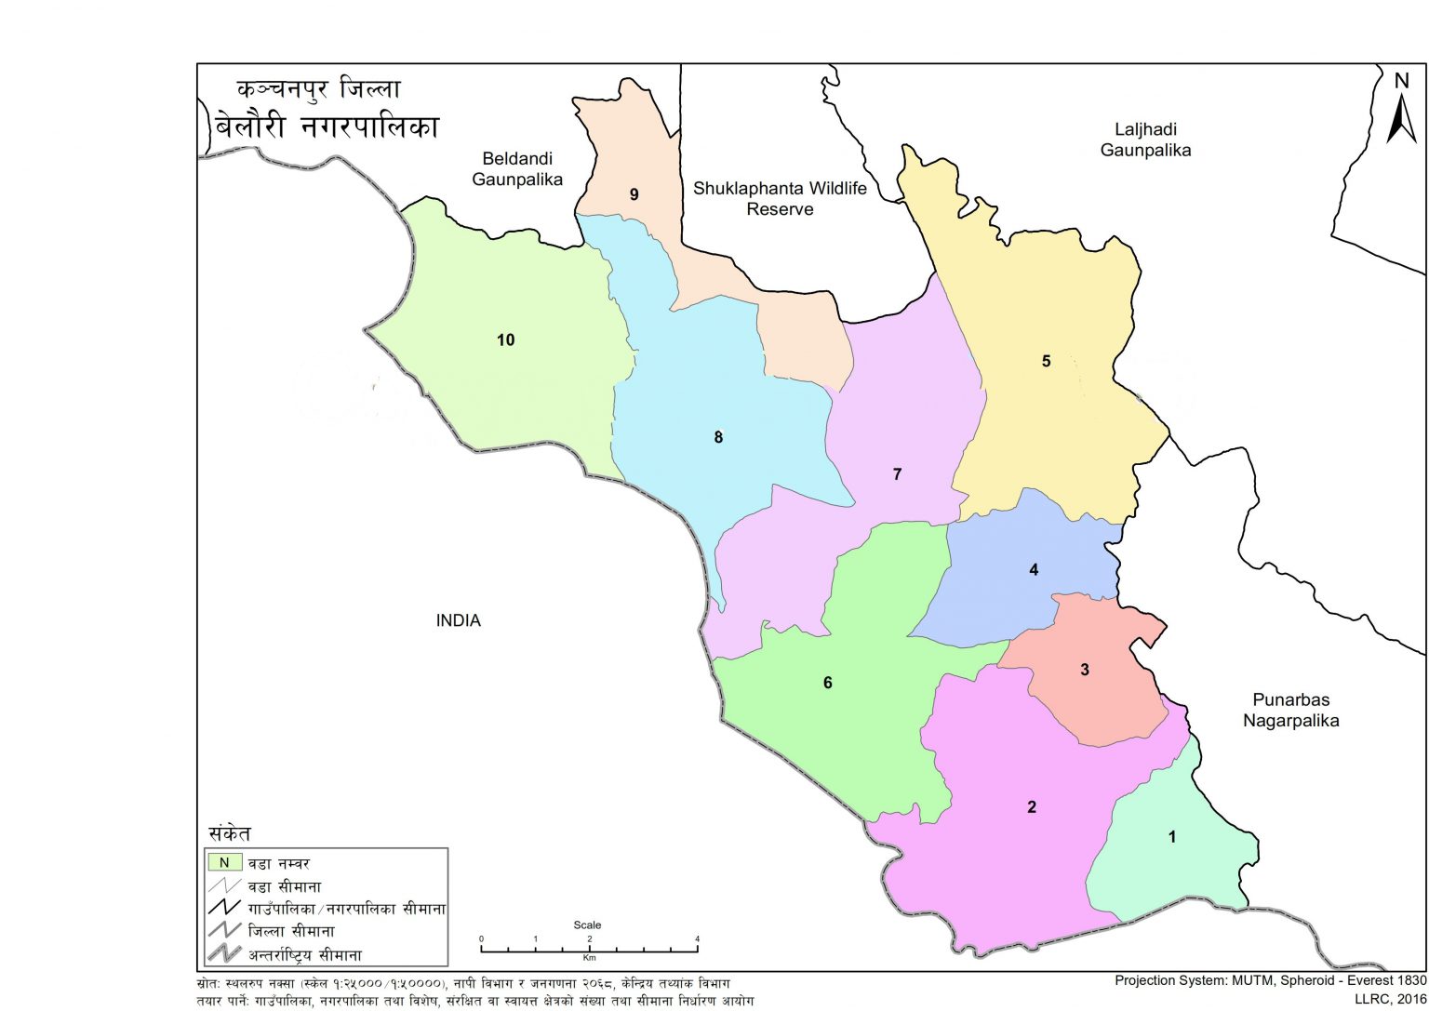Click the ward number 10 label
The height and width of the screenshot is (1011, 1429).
(x=505, y=340)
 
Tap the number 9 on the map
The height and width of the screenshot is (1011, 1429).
(x=634, y=194)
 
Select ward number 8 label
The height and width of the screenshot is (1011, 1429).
(x=717, y=437)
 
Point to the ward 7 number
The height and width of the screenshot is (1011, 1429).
(x=897, y=474)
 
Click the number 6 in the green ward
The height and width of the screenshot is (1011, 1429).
(x=827, y=684)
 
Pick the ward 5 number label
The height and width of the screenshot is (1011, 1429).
(x=1046, y=361)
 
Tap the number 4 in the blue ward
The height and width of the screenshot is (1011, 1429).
(x=1033, y=570)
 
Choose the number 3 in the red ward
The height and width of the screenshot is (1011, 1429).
(x=1084, y=670)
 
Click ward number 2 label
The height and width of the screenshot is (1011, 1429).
(x=1031, y=807)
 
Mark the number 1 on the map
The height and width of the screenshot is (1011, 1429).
(x=1171, y=837)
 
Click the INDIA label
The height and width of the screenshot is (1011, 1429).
(x=458, y=620)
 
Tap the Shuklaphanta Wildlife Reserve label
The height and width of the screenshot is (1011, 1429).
(x=780, y=199)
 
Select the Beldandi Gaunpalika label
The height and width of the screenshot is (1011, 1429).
(x=517, y=169)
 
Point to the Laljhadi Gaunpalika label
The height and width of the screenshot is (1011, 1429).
(x=1145, y=140)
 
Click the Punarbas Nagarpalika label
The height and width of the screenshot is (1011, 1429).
(x=1290, y=710)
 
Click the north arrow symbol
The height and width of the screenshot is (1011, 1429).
(x=1401, y=111)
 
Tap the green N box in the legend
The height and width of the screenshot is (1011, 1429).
(x=224, y=863)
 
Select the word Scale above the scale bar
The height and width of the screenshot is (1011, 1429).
(x=587, y=925)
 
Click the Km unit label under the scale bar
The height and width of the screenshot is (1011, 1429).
(x=589, y=957)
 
